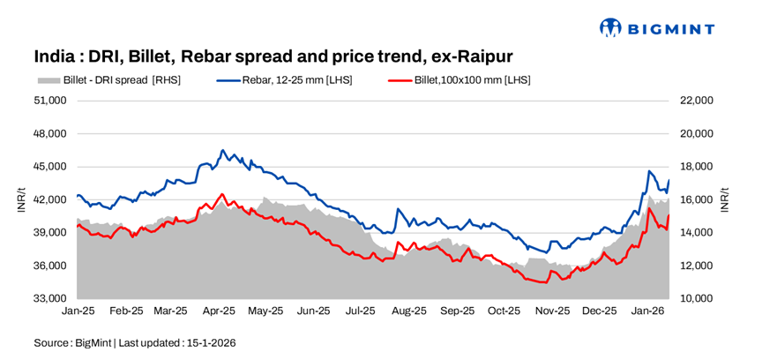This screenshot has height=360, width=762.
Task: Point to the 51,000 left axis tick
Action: pos(50,101)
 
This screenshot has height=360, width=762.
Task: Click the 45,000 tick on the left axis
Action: pos(50,167)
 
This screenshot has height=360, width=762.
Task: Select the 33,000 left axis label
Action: pos(50,298)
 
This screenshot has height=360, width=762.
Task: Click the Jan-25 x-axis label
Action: pos(78,311)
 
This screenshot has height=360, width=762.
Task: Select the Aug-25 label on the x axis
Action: pos(409,311)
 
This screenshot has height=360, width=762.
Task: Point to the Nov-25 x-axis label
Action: pos(553,311)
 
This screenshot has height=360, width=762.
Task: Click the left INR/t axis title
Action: pos(19,199)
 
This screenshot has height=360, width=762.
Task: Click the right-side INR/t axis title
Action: pos(726,199)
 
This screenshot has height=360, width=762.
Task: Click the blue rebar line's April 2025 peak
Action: pos(222,151)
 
